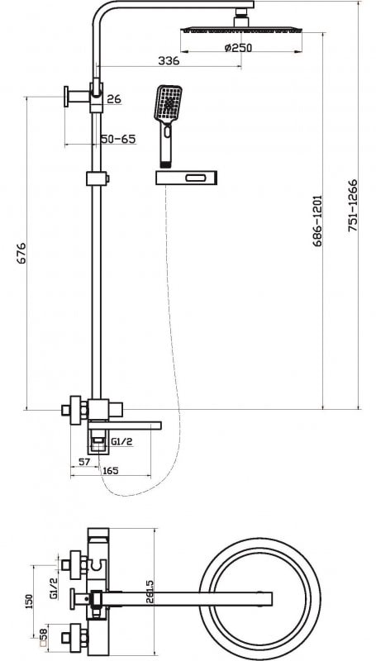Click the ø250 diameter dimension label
238,48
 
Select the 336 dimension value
169,60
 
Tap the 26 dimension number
114,99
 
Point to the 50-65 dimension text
118,139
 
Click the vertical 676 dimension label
21,253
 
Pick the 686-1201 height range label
317,221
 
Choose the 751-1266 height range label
353,205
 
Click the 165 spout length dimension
111,470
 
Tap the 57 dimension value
85,462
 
